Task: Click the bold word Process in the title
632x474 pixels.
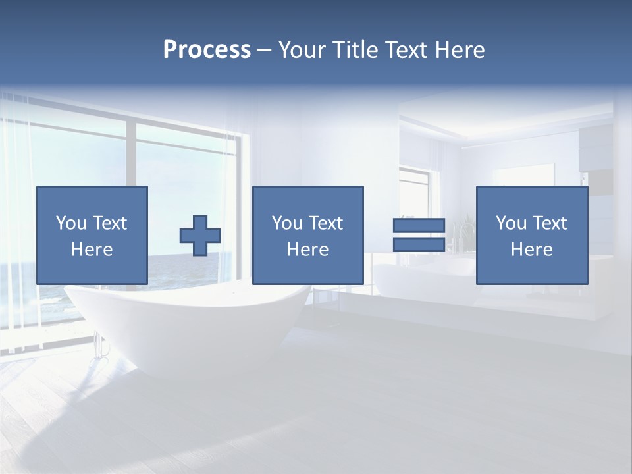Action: point(207,50)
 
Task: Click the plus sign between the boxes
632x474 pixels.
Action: point(200,235)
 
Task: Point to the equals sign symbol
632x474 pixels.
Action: point(419,235)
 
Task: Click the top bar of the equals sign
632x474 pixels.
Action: point(419,225)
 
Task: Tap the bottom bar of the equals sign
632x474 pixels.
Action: point(419,245)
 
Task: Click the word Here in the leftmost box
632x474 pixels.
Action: point(92,250)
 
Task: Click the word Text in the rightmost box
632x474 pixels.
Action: point(550,223)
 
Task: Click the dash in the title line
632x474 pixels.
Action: point(265,50)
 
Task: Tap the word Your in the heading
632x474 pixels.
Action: point(302,50)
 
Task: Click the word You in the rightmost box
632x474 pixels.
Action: point(511,223)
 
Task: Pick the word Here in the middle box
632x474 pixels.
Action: point(307,250)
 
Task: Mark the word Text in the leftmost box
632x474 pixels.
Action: point(109,223)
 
